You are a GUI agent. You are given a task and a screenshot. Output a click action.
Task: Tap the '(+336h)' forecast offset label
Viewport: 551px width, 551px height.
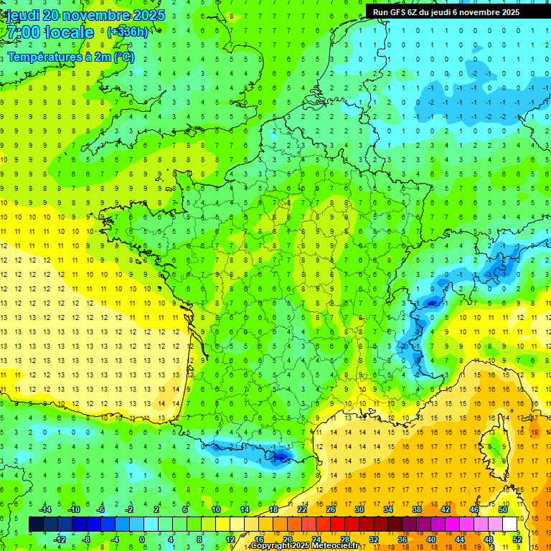(127, 32)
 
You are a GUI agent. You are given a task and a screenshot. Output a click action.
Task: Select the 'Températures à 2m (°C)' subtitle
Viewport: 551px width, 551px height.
(70, 57)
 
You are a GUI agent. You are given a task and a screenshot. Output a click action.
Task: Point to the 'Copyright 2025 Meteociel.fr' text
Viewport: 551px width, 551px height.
(304, 546)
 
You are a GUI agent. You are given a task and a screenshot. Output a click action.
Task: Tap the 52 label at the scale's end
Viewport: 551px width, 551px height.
(517, 539)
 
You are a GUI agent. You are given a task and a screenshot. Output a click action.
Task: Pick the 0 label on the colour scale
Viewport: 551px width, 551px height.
(142, 539)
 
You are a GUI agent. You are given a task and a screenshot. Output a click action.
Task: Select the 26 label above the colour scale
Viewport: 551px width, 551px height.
(331, 509)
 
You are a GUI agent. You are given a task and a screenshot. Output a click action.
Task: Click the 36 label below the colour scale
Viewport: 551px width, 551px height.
(402, 539)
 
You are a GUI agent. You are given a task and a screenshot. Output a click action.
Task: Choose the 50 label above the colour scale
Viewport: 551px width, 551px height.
(503, 509)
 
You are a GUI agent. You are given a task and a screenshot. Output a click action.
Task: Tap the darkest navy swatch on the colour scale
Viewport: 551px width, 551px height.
(36, 524)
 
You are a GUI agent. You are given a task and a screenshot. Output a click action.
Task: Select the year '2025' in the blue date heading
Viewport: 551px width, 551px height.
(148, 15)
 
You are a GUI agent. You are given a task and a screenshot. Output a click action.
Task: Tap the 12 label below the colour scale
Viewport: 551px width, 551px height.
(230, 539)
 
